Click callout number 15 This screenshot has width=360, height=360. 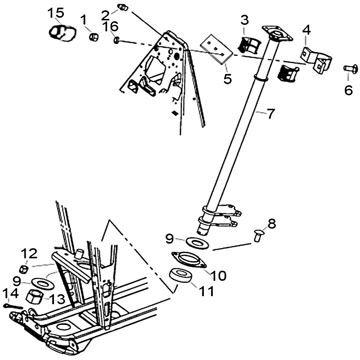click(x=56, y=13)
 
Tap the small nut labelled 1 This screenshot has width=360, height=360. click(x=94, y=36)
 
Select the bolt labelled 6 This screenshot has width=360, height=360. click(x=351, y=69)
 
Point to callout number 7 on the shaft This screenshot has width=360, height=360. click(x=271, y=114)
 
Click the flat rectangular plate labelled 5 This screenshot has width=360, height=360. click(x=216, y=49)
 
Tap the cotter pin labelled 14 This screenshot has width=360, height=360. click(x=13, y=306)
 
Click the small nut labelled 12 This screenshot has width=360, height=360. click(x=24, y=269)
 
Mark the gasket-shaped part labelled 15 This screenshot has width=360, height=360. click(x=63, y=33)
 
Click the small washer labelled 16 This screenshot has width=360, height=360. click(x=117, y=40)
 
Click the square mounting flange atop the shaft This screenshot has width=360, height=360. click(x=277, y=33)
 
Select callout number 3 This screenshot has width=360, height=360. click(x=245, y=20)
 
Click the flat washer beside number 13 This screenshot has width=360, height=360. click(x=43, y=283)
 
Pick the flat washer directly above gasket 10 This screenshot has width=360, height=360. click(x=197, y=243)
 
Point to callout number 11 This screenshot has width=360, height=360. click(x=207, y=291)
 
